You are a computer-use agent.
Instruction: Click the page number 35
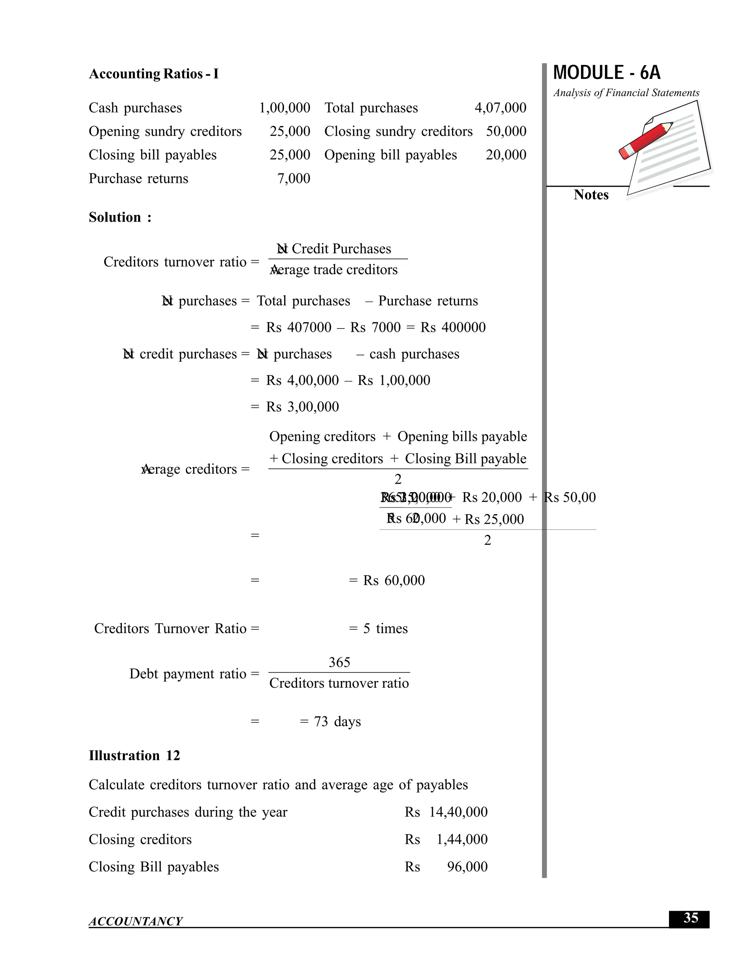[x=690, y=918]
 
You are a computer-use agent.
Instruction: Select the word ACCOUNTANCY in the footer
[x=135, y=921]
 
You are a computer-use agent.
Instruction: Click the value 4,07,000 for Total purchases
[x=500, y=108]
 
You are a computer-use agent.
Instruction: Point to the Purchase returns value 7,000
[x=293, y=178]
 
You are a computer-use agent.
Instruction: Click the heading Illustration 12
[x=134, y=756]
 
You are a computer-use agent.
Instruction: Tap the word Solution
[x=115, y=217]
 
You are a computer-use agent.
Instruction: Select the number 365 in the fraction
[x=339, y=662]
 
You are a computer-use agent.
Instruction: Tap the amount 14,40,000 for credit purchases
[x=458, y=812]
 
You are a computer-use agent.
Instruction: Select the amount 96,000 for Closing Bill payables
[x=467, y=867]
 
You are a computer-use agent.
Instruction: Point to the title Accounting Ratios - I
[x=154, y=74]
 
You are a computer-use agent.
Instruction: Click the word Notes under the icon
[x=591, y=195]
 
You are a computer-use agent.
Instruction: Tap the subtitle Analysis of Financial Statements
[x=626, y=93]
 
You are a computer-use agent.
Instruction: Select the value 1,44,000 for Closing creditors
[x=461, y=840]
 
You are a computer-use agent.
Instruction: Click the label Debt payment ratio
[x=188, y=674]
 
